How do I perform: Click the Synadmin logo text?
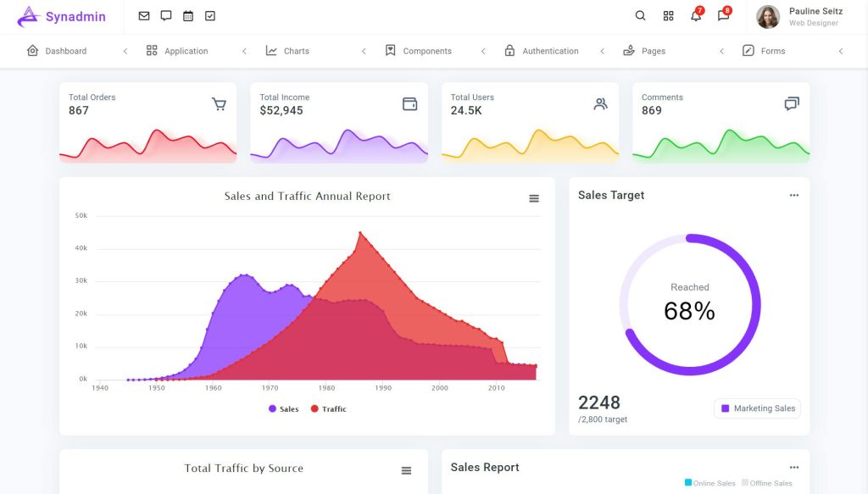click(x=75, y=17)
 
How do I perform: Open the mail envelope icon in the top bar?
click(x=144, y=16)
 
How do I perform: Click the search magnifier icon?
click(x=640, y=16)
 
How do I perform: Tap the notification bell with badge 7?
click(x=696, y=16)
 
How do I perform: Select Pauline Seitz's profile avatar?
click(x=768, y=17)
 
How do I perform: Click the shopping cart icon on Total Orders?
click(x=219, y=104)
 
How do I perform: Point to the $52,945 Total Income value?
click(x=281, y=111)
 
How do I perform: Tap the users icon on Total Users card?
click(x=601, y=104)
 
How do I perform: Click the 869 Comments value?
click(x=652, y=111)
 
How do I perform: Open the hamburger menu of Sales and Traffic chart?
click(x=534, y=198)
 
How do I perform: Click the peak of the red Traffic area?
click(x=360, y=233)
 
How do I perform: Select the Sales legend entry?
click(x=283, y=409)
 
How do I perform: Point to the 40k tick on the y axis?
click(x=81, y=248)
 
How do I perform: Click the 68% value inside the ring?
click(x=689, y=311)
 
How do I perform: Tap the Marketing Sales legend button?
click(x=757, y=408)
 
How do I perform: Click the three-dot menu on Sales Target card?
click(x=793, y=195)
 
